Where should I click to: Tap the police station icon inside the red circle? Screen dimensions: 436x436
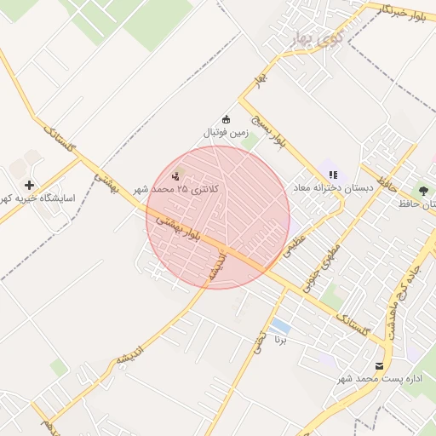[176, 176]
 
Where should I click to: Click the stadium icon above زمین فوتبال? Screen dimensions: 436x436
[226, 119]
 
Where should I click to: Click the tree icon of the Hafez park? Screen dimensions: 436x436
[422, 190]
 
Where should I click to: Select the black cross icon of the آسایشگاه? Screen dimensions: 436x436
[30, 185]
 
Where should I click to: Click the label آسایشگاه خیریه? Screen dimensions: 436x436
[39, 198]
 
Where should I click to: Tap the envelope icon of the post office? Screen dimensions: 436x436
[367, 365]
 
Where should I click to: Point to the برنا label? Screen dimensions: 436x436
[280, 340]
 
